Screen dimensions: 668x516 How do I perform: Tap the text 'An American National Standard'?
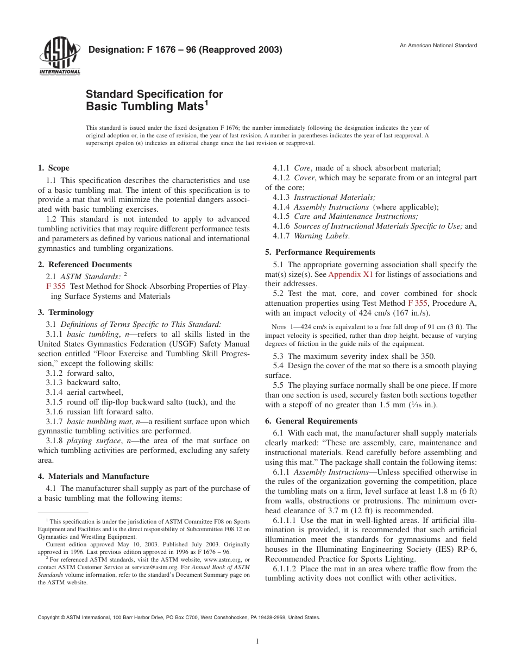pyautogui.click(x=438, y=45)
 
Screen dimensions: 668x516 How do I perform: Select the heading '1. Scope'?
pyautogui.click(x=53, y=168)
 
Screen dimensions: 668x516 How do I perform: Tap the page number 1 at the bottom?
pyautogui.click(x=257, y=641)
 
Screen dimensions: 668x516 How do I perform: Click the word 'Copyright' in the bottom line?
pyautogui.click(x=48, y=617)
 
